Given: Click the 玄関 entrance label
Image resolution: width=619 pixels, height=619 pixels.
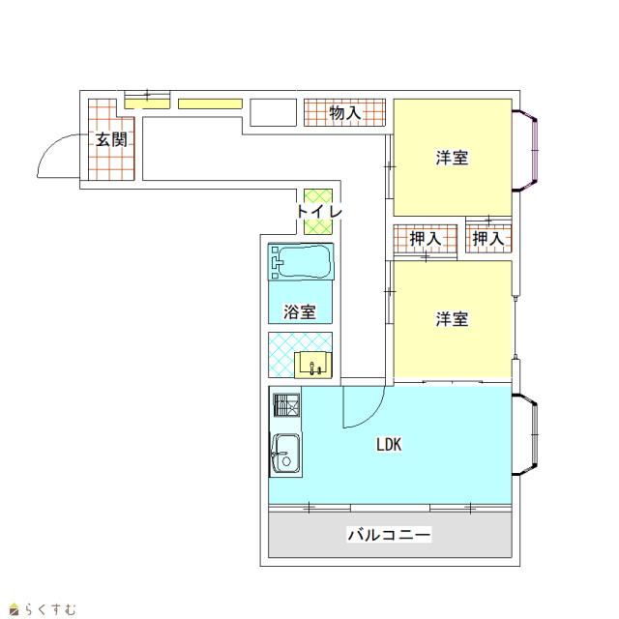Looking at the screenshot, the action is [111, 139].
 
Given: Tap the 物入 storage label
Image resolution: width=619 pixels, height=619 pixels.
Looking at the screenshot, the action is [345, 113].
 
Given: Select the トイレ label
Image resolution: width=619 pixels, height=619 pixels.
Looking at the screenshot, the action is [319, 211].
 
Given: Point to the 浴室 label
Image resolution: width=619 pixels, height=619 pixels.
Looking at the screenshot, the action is [300, 311].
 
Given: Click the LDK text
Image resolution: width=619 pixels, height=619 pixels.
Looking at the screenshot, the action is [389, 445].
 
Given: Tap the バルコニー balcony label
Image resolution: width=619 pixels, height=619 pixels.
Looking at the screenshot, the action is [389, 535].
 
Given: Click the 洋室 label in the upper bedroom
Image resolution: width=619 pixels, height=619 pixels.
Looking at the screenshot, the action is [452, 158].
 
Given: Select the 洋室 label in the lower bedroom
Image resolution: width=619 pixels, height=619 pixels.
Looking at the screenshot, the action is [452, 319].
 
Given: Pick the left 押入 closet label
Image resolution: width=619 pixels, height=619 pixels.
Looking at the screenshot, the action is [426, 239].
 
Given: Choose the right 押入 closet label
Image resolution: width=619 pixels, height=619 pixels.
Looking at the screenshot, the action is [488, 239].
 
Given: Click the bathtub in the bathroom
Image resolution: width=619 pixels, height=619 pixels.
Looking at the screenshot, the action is [301, 261].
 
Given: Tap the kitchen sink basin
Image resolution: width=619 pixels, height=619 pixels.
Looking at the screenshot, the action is [286, 454].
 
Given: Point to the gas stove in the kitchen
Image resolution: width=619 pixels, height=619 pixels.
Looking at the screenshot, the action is [286, 404].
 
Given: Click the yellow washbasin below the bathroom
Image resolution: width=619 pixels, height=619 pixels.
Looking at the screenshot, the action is [313, 365].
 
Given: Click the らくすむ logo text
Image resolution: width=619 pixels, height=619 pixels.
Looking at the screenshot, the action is [49, 608].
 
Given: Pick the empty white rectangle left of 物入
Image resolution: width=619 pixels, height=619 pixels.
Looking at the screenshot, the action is [273, 112].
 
